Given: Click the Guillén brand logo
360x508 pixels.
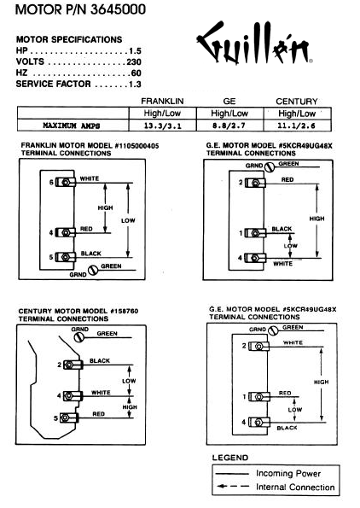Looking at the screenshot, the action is [x=254, y=42].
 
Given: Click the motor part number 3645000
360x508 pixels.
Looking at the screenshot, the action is [x=118, y=9].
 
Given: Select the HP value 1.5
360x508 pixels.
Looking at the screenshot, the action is [x=135, y=51].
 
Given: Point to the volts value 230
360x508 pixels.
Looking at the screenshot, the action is [x=134, y=61].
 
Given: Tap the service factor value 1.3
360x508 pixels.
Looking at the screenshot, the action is [x=135, y=85].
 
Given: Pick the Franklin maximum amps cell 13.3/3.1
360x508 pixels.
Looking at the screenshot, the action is [x=162, y=126].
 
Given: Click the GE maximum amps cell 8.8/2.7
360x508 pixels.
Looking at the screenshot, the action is [x=229, y=126].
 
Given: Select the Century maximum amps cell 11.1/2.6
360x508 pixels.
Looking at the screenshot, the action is [x=296, y=126].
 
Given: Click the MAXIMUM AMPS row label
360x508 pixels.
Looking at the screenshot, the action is [x=72, y=126].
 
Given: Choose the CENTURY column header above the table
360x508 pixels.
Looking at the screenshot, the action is [x=297, y=102].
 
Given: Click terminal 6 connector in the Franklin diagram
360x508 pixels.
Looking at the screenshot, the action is [x=66, y=182].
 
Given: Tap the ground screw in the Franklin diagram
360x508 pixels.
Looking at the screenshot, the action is [x=93, y=270].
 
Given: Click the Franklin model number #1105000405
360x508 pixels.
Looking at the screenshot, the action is [x=137, y=146].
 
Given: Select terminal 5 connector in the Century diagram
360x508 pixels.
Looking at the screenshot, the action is [x=69, y=417].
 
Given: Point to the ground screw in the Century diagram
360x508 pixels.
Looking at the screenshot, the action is [x=78, y=337].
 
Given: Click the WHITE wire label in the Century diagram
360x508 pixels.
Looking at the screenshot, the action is [x=101, y=393].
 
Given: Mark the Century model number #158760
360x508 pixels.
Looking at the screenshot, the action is [x=125, y=311].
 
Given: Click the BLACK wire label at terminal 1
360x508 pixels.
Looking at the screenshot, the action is [x=282, y=229].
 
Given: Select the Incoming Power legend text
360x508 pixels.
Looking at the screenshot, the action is [x=288, y=473].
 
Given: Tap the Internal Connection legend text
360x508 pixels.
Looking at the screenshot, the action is [x=295, y=487].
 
